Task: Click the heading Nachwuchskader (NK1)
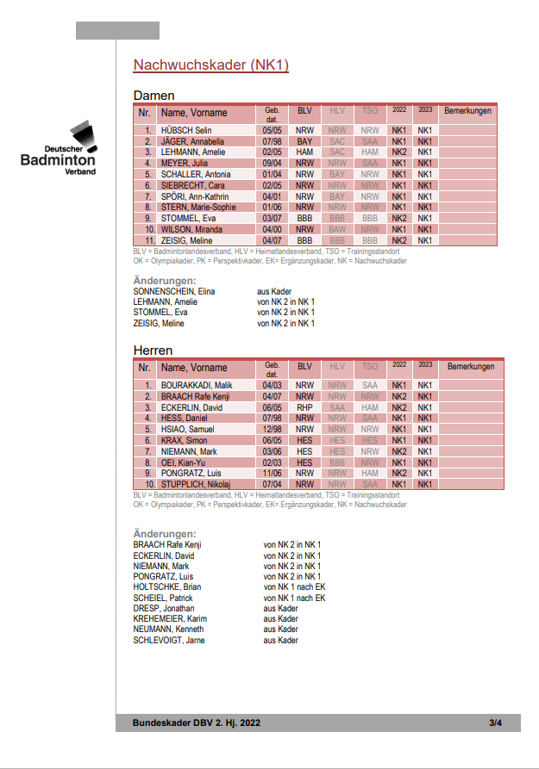click(x=211, y=65)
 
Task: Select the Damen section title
click(x=154, y=96)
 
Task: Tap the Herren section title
click(x=153, y=350)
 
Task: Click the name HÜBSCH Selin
click(x=186, y=130)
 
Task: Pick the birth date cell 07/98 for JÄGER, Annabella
click(x=273, y=141)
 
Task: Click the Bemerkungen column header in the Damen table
click(x=467, y=111)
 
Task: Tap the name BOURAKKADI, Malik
click(x=196, y=385)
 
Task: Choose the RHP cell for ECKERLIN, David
click(x=304, y=407)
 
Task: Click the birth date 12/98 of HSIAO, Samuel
click(x=273, y=429)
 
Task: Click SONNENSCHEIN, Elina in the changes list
click(x=174, y=292)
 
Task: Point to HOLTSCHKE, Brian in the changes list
click(x=167, y=587)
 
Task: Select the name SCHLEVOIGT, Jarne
click(x=169, y=641)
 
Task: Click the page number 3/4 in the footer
click(x=495, y=722)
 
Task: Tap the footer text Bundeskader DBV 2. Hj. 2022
click(x=196, y=722)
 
